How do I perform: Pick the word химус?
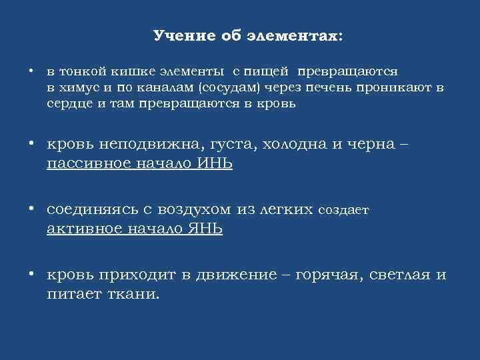(x=79, y=87)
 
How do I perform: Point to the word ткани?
(x=135, y=293)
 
